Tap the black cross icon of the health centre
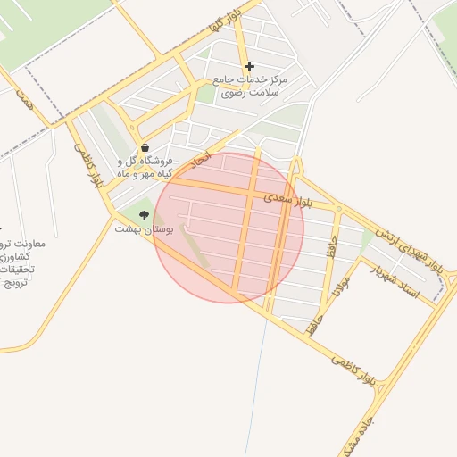[249, 66]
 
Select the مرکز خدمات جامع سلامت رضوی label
[246, 86]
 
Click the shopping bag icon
[145, 148]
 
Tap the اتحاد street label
[204, 162]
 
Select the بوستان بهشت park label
[139, 229]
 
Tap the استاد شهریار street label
[401, 283]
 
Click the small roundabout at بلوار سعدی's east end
[337, 210]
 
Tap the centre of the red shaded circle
[228, 228]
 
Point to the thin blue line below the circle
[260, 375]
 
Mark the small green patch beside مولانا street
[367, 239]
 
